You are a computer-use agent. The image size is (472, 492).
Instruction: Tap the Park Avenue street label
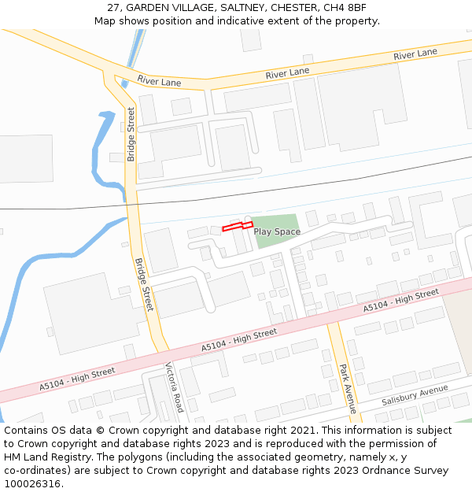point(347,388)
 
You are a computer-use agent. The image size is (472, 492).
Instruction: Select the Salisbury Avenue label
point(415,395)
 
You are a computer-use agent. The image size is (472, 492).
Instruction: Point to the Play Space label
point(277,231)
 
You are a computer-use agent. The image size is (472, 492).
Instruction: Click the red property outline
point(237,227)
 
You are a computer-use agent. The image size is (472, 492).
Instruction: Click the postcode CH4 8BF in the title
point(346,8)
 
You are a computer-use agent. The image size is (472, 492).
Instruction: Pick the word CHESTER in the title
point(295,8)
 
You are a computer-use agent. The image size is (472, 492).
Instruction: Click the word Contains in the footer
point(26,431)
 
